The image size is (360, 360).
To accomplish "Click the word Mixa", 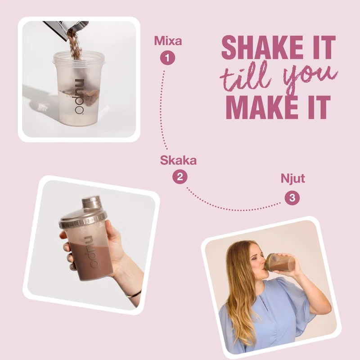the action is point(168,41).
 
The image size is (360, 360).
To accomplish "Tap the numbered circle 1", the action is point(167,58).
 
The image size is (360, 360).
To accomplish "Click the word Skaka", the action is point(178,160).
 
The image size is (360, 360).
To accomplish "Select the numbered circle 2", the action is point(180,177).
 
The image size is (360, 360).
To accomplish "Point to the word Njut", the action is point(293,179).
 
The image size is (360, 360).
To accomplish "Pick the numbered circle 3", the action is point(292,198).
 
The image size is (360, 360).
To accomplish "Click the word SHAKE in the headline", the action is point(264,47).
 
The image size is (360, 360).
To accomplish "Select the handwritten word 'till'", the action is point(246,76).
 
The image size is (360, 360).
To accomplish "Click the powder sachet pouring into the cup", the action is point(66,29).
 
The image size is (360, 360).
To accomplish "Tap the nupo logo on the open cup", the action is point(79,96).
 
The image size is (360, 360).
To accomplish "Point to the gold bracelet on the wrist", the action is point(133,294).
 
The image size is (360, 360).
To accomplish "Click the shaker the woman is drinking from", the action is point(279,262).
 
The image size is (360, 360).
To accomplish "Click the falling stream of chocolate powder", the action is point(75,45).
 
